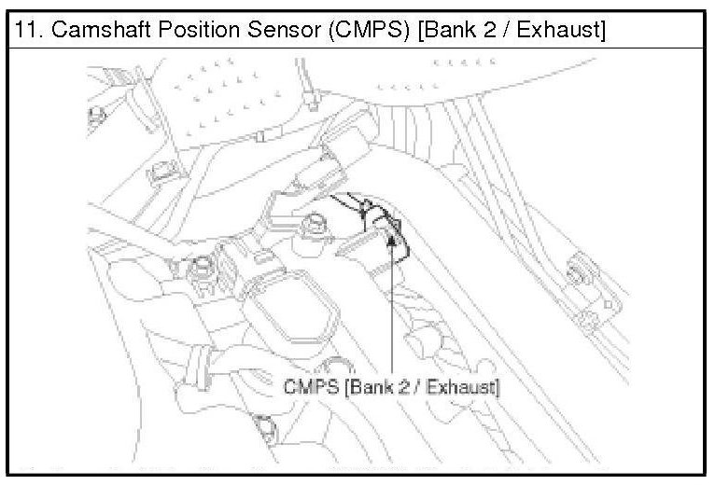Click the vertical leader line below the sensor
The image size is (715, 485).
(x=391, y=317)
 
